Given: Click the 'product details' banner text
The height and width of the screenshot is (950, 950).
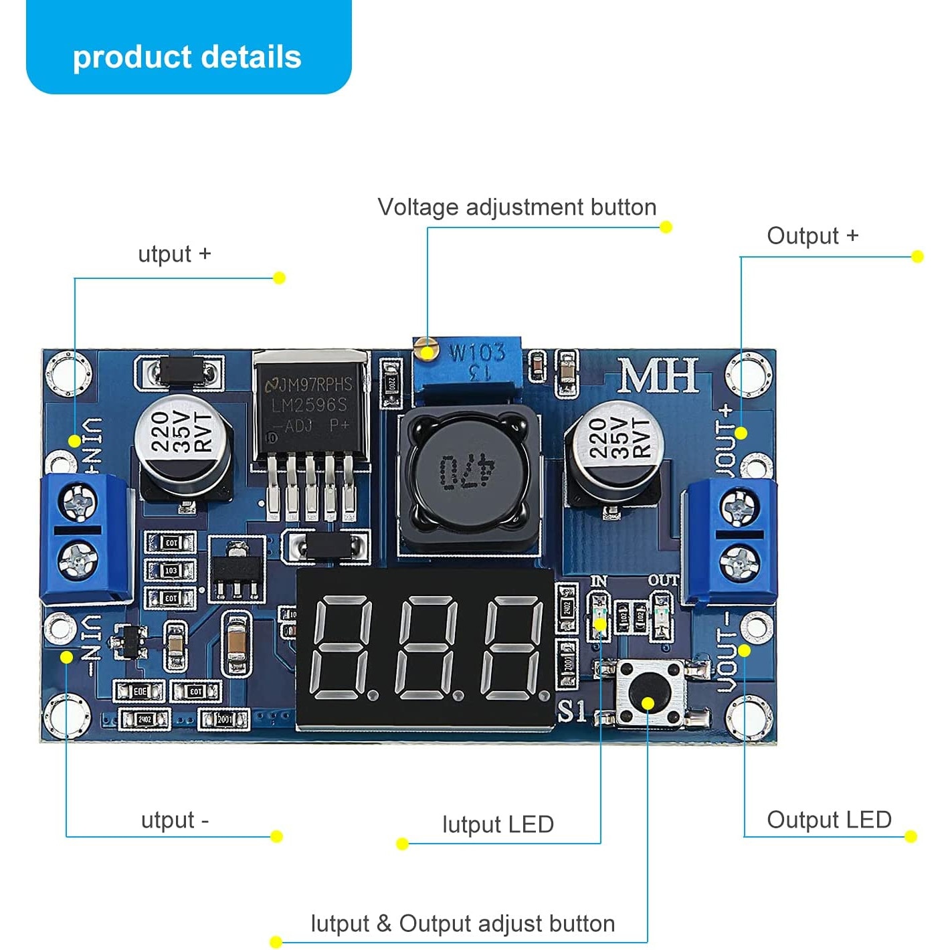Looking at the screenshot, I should [187, 57].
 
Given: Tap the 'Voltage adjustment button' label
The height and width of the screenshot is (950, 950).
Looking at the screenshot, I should [516, 207].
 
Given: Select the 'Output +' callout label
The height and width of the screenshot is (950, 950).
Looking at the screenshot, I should [812, 236].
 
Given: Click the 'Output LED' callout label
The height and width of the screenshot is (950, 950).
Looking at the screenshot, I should [829, 820].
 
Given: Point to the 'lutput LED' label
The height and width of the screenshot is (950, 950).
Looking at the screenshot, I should [498, 824].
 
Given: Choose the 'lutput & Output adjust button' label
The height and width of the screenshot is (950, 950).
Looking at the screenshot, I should [462, 924].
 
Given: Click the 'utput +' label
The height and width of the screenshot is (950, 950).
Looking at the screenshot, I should [174, 254].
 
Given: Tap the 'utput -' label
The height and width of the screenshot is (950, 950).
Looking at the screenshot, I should [175, 820].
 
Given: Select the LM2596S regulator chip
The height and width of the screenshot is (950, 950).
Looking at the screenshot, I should [311, 408].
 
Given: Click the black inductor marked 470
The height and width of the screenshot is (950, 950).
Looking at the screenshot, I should [467, 472].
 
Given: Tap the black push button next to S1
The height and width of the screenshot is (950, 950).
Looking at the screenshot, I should [648, 693].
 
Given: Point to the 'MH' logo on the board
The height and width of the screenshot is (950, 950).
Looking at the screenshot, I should [658, 376].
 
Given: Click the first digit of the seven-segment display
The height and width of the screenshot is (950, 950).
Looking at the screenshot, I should [342, 649].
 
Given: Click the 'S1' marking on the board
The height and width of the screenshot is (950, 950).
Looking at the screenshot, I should [572, 711].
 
